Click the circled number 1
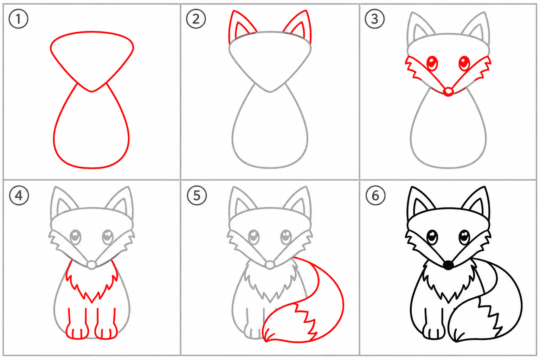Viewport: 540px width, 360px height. (18, 19)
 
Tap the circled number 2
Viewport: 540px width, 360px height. (196, 19)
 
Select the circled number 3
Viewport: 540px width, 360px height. (375, 19)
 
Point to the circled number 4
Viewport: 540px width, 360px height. (19, 195)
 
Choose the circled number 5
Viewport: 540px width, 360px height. (197, 195)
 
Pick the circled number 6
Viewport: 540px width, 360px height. (375, 195)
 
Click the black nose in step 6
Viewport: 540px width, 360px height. (448, 265)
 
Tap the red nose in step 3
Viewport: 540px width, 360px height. (448, 92)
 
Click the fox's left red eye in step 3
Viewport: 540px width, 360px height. (432, 63)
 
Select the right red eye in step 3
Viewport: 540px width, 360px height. (464, 63)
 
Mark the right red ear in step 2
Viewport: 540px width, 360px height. (298, 26)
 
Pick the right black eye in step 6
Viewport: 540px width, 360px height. (464, 237)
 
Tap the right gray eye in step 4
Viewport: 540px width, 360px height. (108, 237)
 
